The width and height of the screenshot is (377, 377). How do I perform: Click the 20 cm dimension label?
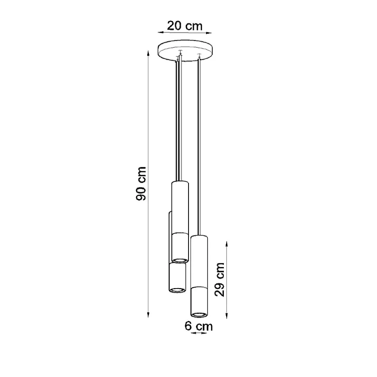click(x=185, y=26)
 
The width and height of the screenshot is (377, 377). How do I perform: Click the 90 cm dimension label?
click(x=141, y=184)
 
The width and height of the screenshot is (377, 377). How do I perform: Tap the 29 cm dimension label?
click(x=220, y=280)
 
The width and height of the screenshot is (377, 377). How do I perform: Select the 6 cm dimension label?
click(x=199, y=326)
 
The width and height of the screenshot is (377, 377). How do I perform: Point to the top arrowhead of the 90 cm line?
click(x=148, y=53)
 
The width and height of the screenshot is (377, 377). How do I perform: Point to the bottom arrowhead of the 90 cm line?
click(x=148, y=315)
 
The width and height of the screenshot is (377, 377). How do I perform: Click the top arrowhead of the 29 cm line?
click(x=227, y=244)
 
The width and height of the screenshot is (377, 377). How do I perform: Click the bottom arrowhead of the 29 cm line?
click(x=227, y=316)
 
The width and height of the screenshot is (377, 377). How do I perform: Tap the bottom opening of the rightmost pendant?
click(x=199, y=314)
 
